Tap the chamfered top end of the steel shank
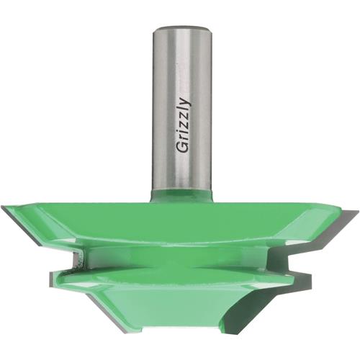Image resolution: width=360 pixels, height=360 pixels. [181, 29]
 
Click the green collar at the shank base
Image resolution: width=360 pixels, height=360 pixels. [181, 195]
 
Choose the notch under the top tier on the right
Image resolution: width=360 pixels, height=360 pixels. [284, 252]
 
